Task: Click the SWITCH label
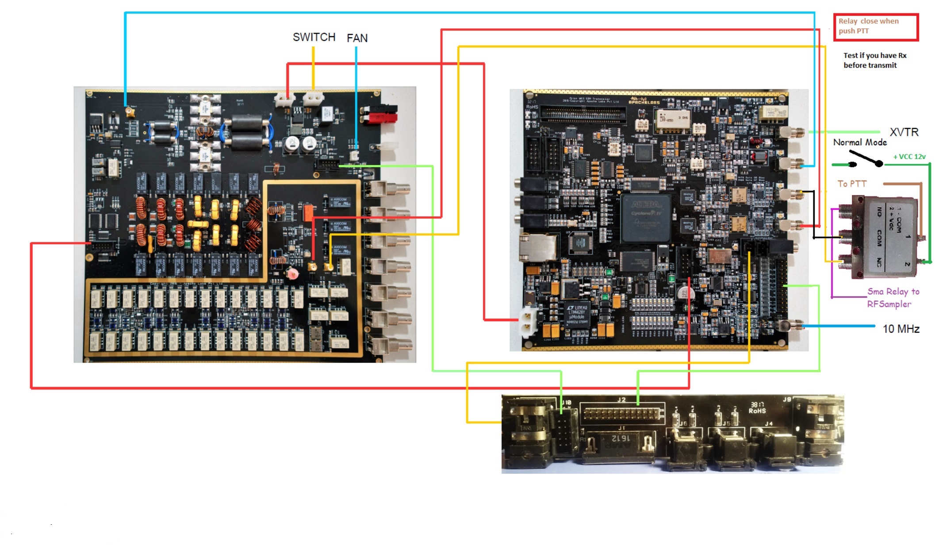tap(314, 37)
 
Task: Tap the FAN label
tap(357, 38)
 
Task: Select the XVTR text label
tap(904, 132)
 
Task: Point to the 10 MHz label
tap(901, 329)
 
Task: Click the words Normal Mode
tap(860, 142)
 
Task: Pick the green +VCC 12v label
tap(909, 157)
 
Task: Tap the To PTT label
tap(852, 184)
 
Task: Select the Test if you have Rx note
tap(874, 60)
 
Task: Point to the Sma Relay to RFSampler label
tap(893, 297)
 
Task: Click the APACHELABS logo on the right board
tap(644, 101)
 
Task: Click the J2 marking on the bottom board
tap(621, 400)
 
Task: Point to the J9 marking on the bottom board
tap(787, 400)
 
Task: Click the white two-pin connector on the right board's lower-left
tap(527, 322)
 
